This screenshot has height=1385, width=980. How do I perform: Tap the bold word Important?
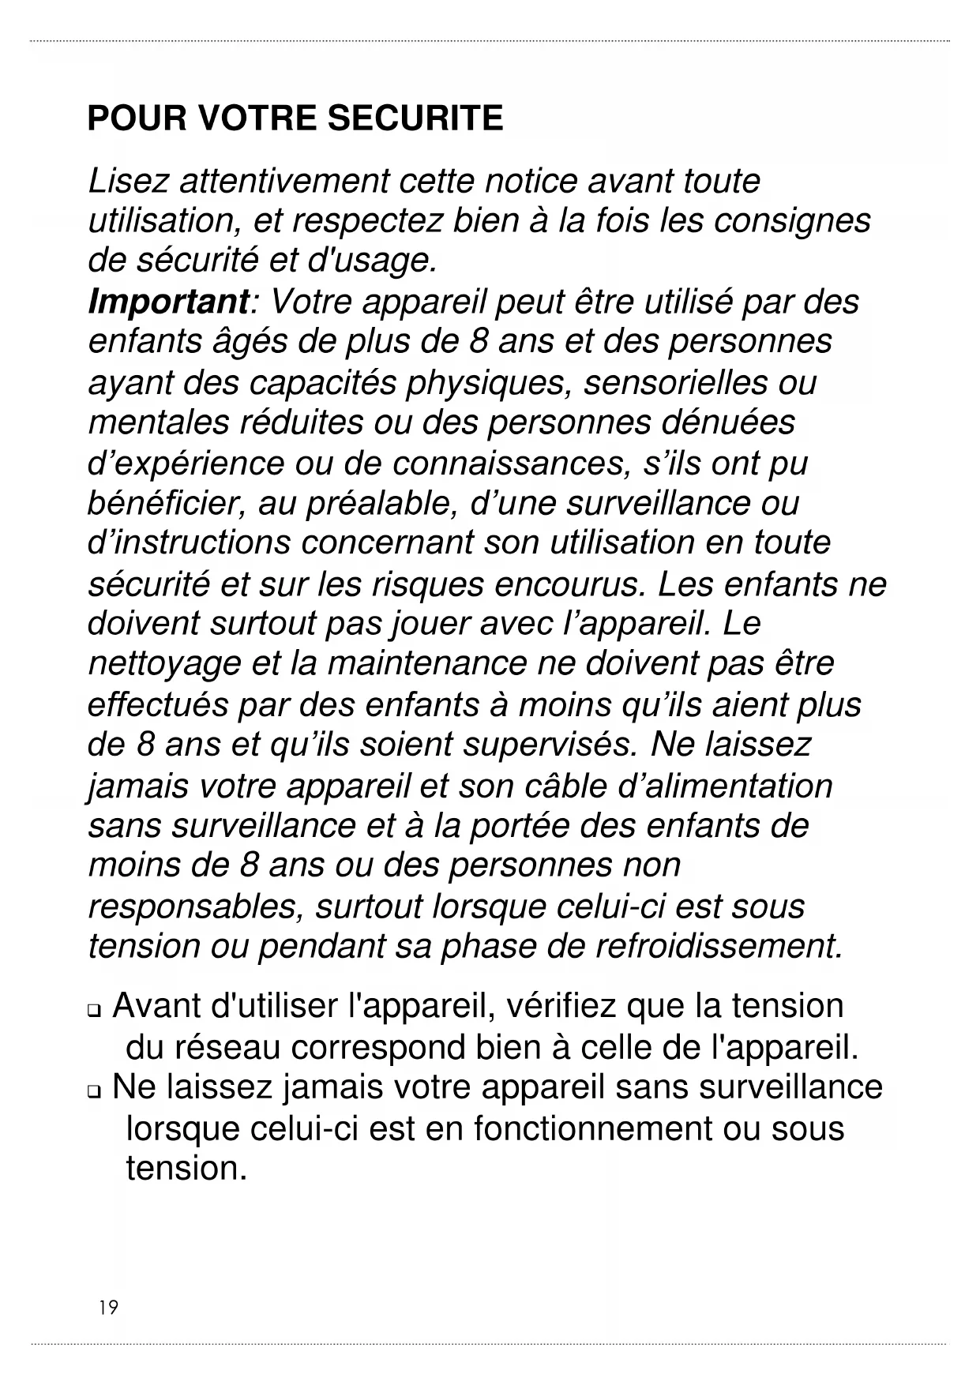[x=168, y=302]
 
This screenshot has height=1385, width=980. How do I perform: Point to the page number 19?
[x=108, y=1308]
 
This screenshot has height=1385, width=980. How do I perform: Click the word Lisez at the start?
[x=129, y=182]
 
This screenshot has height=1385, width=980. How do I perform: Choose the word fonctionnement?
[x=592, y=1129]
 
